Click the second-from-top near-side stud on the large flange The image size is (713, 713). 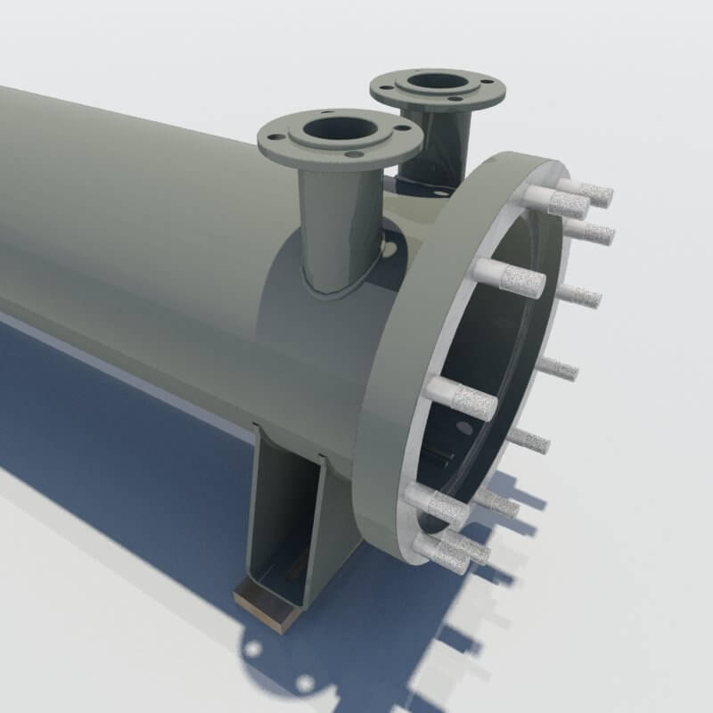[508, 277]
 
